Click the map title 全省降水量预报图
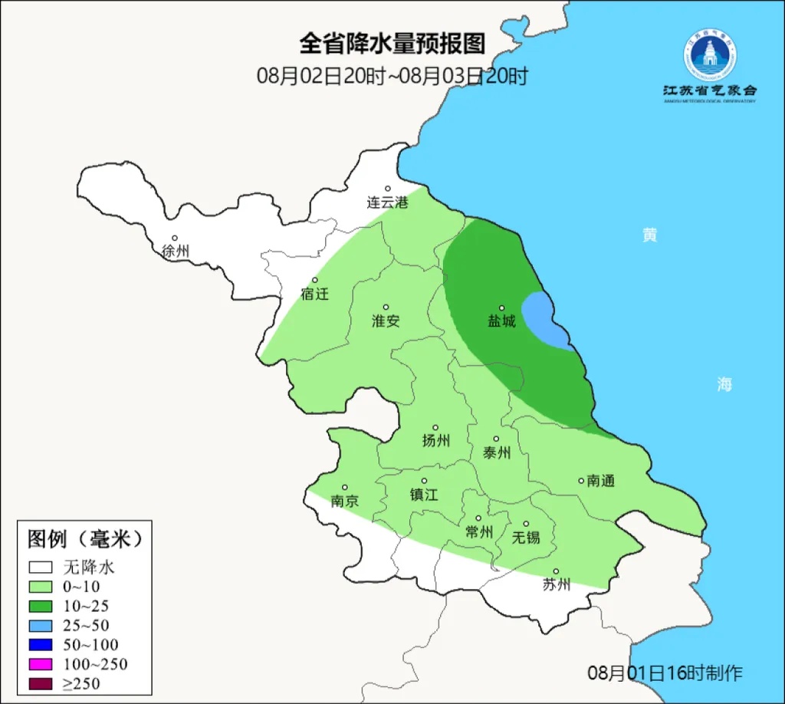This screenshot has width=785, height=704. click(x=392, y=44)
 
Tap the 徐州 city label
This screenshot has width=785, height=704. click(x=176, y=251)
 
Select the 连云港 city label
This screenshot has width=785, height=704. click(x=387, y=202)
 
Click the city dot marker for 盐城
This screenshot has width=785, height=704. click(x=502, y=308)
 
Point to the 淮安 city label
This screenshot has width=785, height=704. click(x=386, y=321)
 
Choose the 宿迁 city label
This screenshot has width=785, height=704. click(x=314, y=294)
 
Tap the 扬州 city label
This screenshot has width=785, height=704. click(x=435, y=440)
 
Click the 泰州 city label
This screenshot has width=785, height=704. click(x=496, y=452)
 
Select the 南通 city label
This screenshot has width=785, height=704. click(x=601, y=482)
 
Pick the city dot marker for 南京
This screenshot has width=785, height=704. click(x=345, y=487)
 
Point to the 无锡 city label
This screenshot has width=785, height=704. click(x=526, y=537)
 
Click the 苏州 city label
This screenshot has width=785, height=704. click(x=557, y=584)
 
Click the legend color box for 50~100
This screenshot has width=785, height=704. click(x=41, y=644)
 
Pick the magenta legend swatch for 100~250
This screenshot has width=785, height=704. click(x=41, y=663)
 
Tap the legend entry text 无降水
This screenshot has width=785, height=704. click(x=88, y=567)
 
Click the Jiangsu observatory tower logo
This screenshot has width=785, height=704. click(x=710, y=56)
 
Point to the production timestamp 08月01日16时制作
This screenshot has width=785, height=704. click(x=665, y=673)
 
